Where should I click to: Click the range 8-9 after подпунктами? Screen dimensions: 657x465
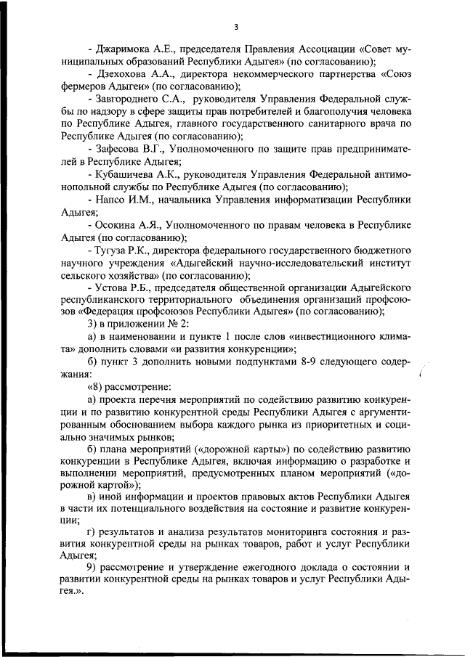click(307, 362)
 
